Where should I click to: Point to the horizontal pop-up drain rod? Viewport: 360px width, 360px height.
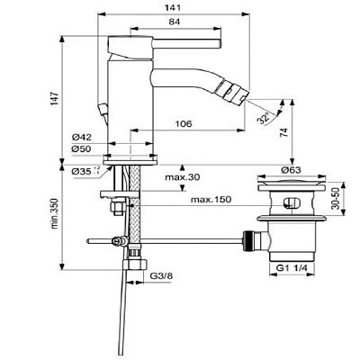pos(180,240)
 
